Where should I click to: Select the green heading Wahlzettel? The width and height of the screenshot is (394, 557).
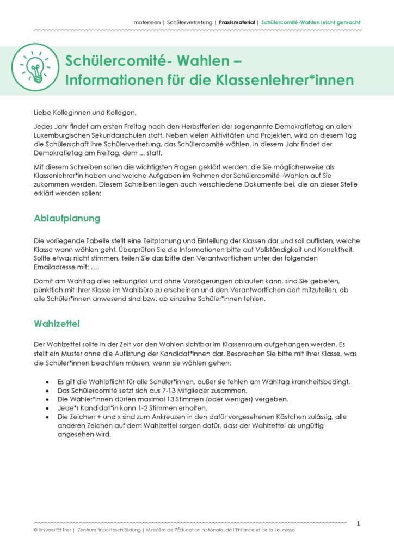pyautogui.click(x=57, y=324)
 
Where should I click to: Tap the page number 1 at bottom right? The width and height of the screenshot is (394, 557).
pyautogui.click(x=358, y=524)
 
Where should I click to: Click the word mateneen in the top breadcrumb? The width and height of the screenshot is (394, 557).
pyautogui.click(x=147, y=23)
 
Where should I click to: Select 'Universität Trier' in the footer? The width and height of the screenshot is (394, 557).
pyautogui.click(x=55, y=530)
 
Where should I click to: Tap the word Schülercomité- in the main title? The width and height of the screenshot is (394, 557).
pyautogui.click(x=112, y=60)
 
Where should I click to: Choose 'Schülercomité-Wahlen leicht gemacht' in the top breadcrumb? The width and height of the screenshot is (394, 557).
pyautogui.click(x=310, y=23)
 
